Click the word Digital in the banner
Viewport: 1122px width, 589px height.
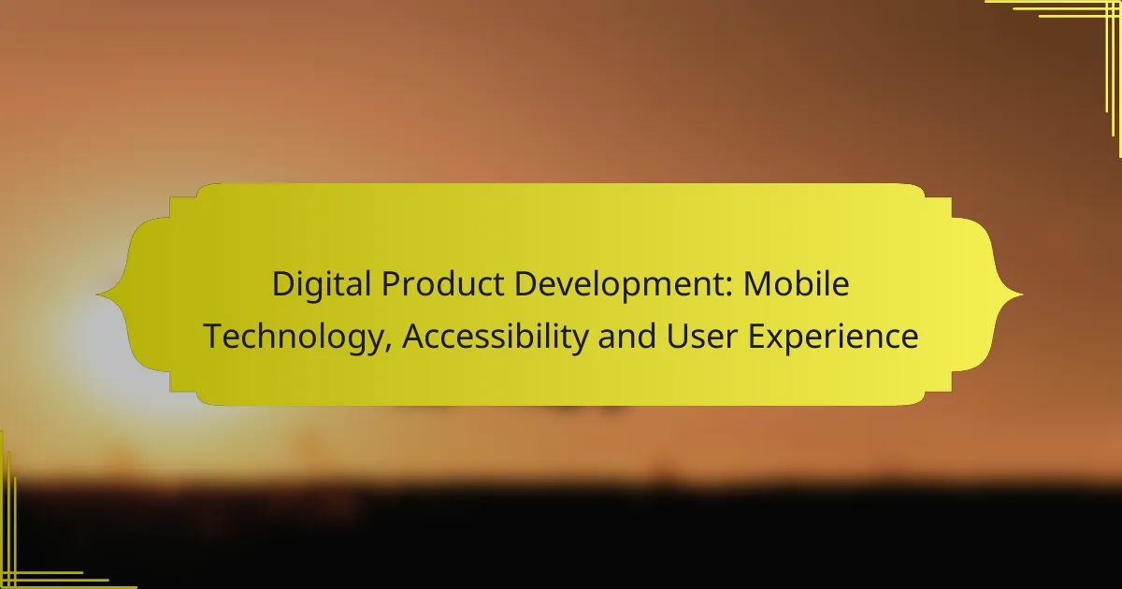tap(315, 285)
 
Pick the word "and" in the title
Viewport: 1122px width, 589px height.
tap(633, 337)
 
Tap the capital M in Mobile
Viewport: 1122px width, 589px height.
tap(757, 285)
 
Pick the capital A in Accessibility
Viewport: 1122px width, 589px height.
tap(414, 337)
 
